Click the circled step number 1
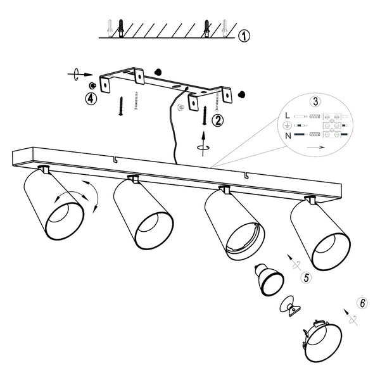click(244, 36)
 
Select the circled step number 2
click(218, 120)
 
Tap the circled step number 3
click(315, 101)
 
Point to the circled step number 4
click(91, 99)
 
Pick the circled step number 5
click(306, 277)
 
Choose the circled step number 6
click(362, 303)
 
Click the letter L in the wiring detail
click(288, 116)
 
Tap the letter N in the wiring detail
click(288, 136)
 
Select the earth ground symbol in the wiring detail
click(287, 125)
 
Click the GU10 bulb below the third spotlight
click(269, 279)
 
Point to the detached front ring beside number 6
click(322, 341)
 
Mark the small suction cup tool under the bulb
click(289, 306)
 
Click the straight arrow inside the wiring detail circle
click(315, 147)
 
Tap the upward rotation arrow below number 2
click(203, 144)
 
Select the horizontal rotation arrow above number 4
click(80, 74)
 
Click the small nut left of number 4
click(92, 85)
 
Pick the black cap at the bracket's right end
click(242, 94)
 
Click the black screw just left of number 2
click(205, 115)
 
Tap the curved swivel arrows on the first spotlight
click(77, 196)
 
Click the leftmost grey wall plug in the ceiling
click(110, 28)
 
